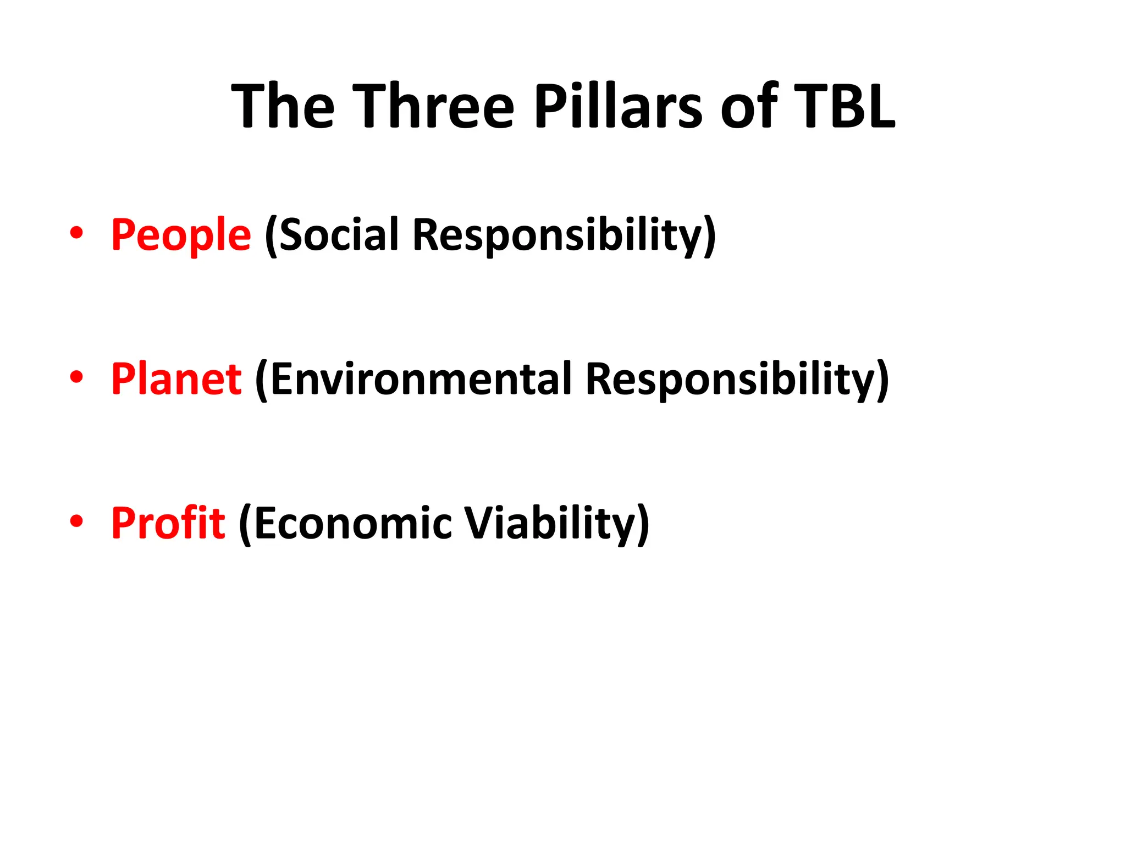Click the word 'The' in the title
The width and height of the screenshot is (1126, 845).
pos(283,106)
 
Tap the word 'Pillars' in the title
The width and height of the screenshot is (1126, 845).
pos(618,106)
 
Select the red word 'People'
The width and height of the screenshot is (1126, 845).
pos(181,235)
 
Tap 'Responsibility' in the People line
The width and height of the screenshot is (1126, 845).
pos(558,235)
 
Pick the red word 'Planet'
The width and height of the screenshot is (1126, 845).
pos(176,380)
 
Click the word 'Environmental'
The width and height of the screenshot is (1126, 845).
pos(421,380)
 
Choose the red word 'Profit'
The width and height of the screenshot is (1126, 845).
pos(168,523)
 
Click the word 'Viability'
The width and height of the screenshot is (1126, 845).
pos(550,523)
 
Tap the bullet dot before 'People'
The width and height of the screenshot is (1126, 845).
pos(76,233)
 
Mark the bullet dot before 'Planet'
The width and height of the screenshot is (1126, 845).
pos(76,377)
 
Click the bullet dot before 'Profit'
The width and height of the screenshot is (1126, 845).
pos(76,520)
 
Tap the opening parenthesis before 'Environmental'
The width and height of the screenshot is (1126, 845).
pos(262,381)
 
